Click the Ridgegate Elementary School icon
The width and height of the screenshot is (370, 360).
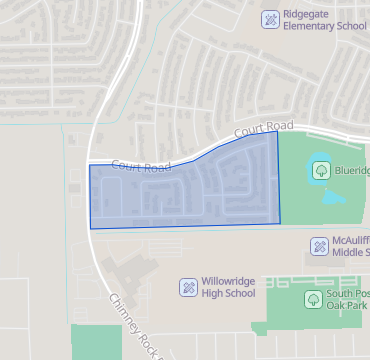coord(269,18)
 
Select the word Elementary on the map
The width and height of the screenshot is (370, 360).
coord(314,26)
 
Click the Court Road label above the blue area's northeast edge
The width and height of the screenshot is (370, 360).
coord(266,129)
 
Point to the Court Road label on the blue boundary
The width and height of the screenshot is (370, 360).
coord(135,167)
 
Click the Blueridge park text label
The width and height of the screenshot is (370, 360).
coord(352,170)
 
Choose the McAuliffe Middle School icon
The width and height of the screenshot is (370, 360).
coord(319,246)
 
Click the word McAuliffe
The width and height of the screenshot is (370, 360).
coord(351,240)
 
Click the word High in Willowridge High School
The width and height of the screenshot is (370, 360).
coord(212,294)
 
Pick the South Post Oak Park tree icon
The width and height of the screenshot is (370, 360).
coord(312,298)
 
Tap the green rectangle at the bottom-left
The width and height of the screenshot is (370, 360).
coord(95,341)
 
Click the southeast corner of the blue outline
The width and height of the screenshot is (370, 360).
coord(280,223)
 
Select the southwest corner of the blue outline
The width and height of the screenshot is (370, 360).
coord(90,229)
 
